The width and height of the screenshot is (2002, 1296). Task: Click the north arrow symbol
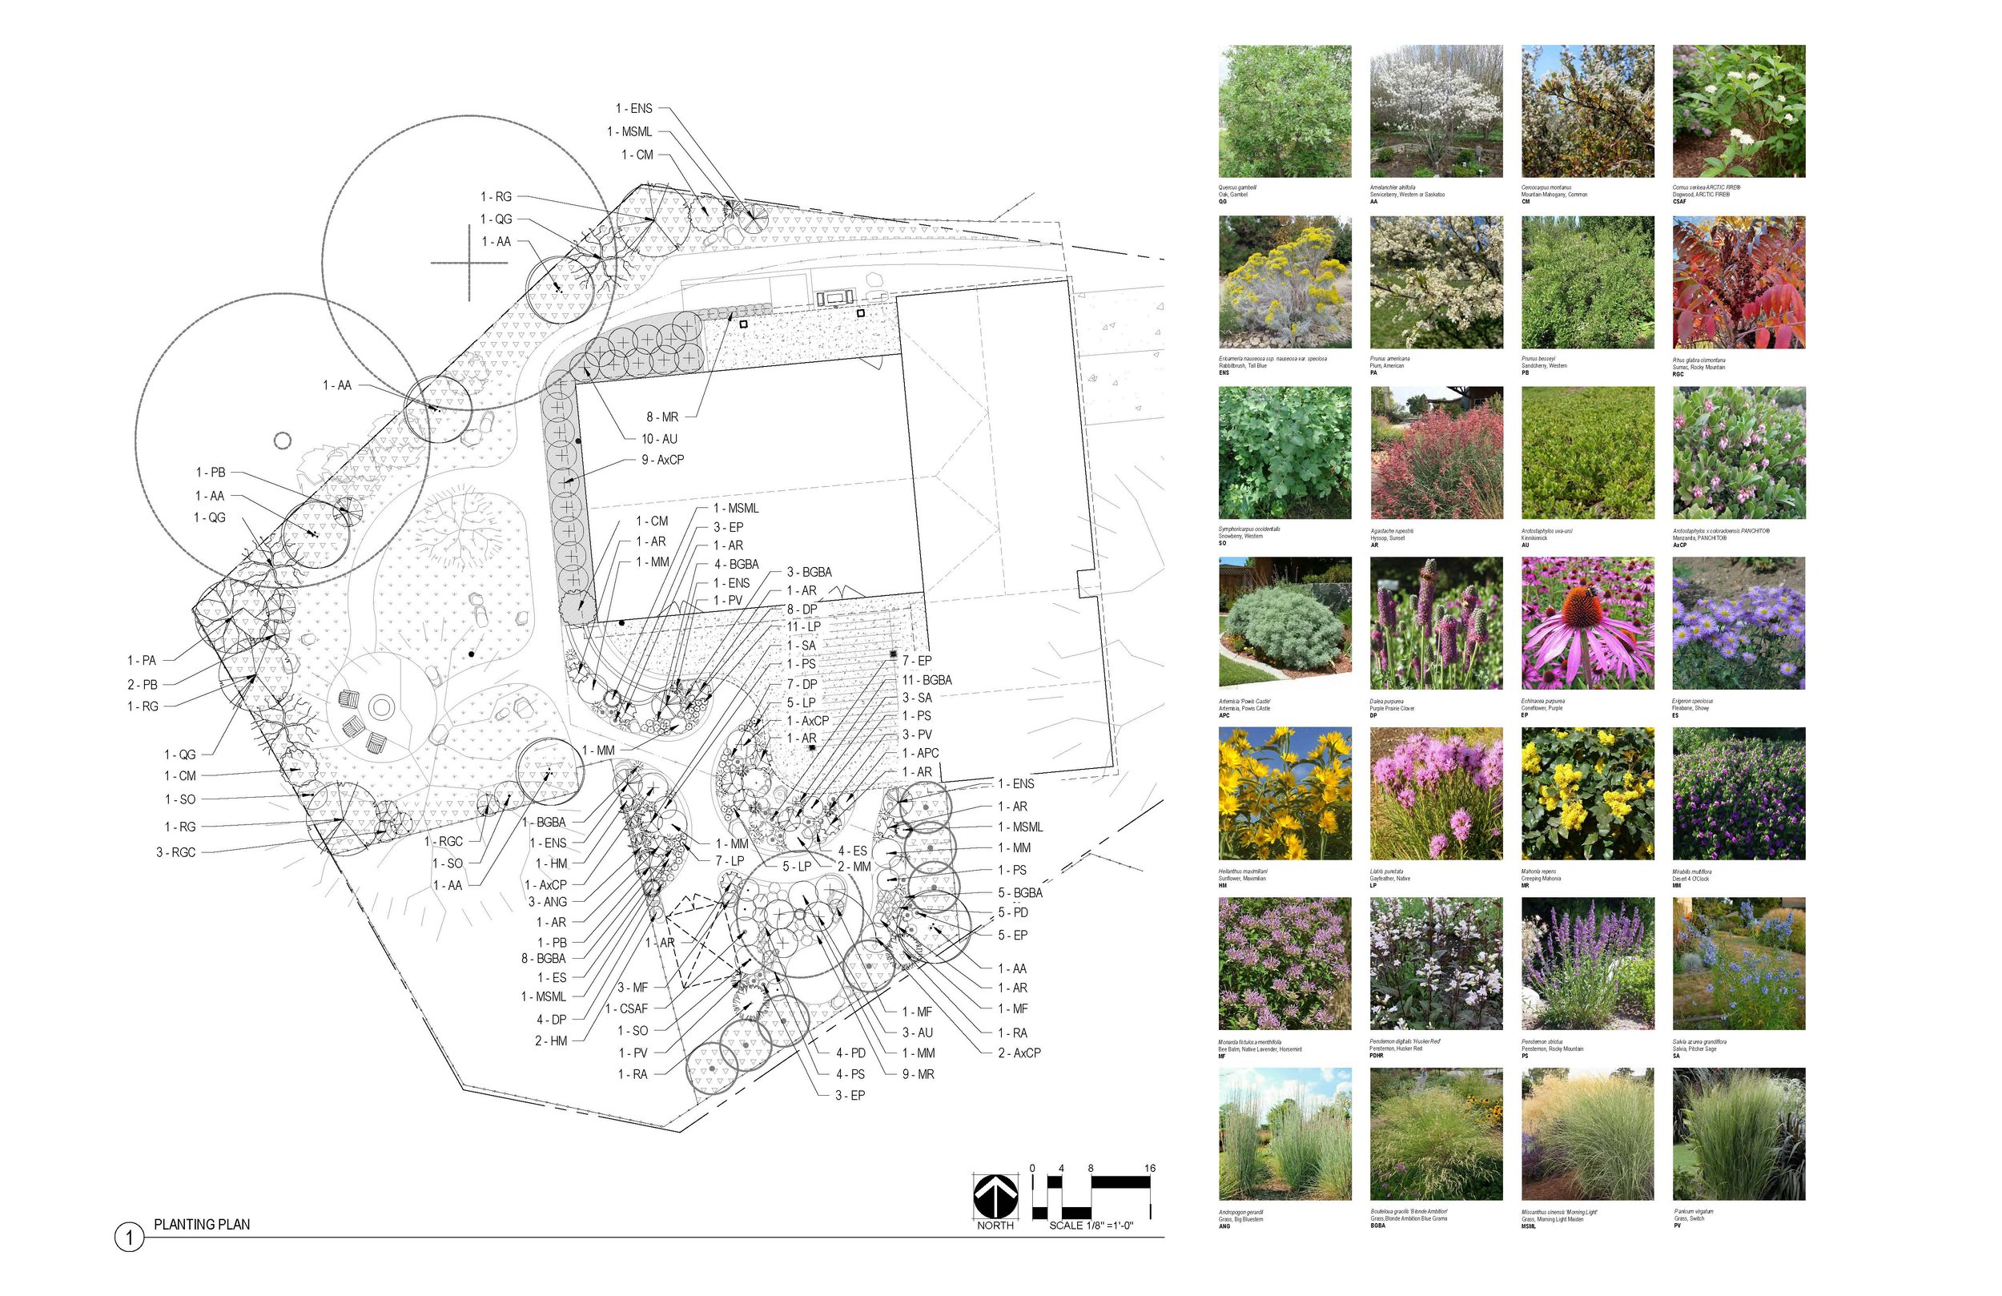(x=995, y=1196)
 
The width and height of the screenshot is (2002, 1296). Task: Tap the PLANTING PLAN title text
(x=202, y=1225)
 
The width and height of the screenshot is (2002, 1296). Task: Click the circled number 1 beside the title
(x=129, y=1238)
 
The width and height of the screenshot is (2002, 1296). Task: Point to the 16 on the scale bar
(x=1150, y=1168)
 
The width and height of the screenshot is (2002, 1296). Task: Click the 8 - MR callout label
(x=662, y=417)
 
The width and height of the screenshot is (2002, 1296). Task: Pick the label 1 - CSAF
(x=627, y=1008)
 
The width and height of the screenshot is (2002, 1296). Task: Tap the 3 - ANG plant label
(x=548, y=901)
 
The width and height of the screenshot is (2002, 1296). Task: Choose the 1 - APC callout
(x=920, y=753)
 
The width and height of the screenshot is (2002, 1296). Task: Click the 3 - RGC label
(x=176, y=852)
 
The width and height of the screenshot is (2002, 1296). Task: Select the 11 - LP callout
(x=803, y=627)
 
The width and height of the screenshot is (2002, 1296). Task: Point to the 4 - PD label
(x=850, y=1052)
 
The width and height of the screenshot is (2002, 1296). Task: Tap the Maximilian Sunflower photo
(x=1284, y=794)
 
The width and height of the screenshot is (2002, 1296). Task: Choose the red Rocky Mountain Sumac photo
(x=1739, y=282)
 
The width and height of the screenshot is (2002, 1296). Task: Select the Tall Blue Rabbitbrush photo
(x=1284, y=282)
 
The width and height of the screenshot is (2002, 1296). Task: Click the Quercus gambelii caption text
(x=1237, y=187)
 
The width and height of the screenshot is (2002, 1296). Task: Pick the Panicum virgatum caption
(x=1693, y=1212)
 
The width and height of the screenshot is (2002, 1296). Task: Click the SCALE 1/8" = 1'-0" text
(x=1091, y=1226)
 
